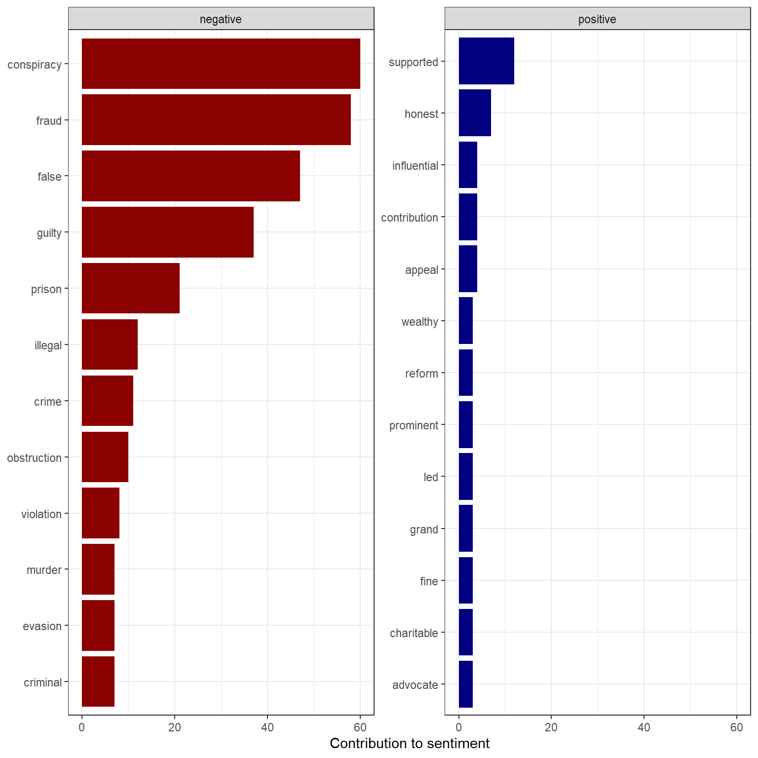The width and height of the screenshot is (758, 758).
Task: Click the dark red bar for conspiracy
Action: tap(221, 64)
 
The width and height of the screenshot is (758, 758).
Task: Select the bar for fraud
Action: tap(216, 120)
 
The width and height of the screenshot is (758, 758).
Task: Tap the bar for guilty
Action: tap(168, 232)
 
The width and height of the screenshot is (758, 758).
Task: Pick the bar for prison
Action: tap(131, 288)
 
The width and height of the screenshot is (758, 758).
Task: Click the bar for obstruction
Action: tap(105, 457)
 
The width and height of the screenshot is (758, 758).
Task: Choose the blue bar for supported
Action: tap(487, 61)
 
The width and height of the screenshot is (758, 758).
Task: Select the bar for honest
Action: tap(475, 113)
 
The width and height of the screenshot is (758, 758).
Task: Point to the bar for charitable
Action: tap(466, 632)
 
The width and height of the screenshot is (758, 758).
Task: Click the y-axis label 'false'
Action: tap(49, 177)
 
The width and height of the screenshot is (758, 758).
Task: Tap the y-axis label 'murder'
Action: tap(44, 570)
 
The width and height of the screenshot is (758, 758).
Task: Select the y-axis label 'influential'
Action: tap(415, 166)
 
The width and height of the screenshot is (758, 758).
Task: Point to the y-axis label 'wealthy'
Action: tap(419, 322)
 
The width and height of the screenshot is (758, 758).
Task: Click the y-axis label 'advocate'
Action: tap(415, 685)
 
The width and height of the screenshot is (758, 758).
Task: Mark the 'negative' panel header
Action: tap(221, 19)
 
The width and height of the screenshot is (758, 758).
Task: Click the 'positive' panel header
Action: tap(598, 19)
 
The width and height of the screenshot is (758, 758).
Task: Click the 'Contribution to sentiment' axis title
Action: tap(410, 744)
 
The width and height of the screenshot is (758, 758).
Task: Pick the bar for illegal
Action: tap(110, 344)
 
